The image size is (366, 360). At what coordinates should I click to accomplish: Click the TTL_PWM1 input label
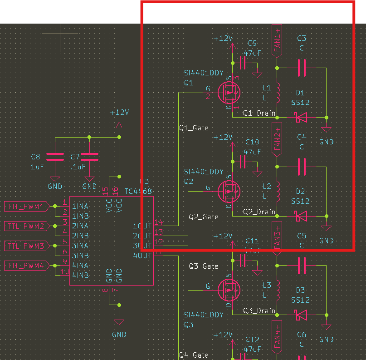[25, 207]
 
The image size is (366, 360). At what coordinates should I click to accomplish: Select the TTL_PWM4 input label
[25, 266]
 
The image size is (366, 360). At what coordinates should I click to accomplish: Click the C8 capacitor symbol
[55, 157]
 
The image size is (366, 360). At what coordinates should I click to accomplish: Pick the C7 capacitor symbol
[89, 157]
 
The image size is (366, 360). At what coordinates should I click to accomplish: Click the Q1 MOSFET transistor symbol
[229, 92]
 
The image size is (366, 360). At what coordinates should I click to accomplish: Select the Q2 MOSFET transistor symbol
[229, 191]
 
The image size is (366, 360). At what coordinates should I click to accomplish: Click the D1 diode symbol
[300, 117]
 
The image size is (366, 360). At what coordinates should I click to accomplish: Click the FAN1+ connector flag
[278, 40]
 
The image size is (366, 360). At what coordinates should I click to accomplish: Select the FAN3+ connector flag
[278, 237]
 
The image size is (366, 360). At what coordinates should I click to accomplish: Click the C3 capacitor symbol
[302, 68]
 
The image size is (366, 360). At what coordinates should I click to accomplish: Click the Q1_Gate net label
[194, 128]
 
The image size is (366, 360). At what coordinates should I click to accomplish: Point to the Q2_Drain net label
[259, 212]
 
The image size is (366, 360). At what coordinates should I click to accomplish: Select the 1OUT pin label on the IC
[142, 226]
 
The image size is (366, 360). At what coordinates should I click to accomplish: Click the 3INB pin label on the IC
[80, 256]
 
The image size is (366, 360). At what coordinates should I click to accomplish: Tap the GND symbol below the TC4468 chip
[119, 321]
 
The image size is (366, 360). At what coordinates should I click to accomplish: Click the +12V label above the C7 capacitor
[119, 113]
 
